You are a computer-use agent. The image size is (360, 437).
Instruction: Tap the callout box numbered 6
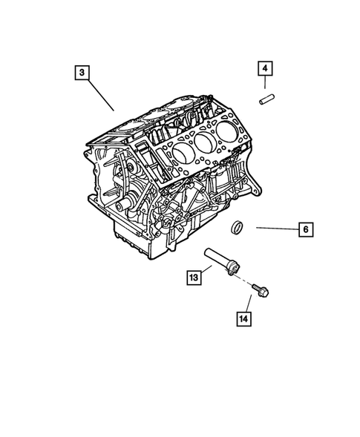point(304,229)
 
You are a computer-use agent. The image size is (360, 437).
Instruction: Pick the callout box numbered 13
point(192,277)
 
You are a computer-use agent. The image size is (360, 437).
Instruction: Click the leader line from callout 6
point(275,229)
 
